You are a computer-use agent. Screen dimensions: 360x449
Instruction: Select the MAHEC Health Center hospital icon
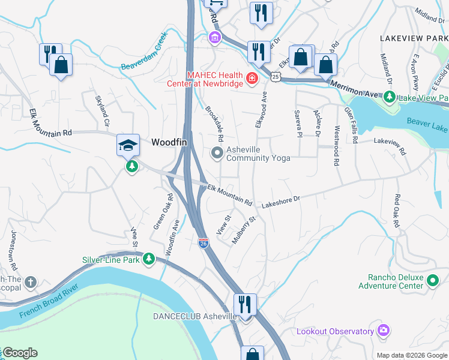click(252, 79)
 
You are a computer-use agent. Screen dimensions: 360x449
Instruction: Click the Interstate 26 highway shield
click(203, 242)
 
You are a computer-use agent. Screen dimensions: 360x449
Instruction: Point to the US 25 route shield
click(275, 76)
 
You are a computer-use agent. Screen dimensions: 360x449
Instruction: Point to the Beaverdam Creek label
click(143, 57)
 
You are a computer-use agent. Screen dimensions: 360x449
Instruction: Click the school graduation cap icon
click(128, 145)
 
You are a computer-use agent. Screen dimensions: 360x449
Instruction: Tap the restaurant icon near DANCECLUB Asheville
click(245, 304)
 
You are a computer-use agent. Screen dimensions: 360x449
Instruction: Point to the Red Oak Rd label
click(396, 211)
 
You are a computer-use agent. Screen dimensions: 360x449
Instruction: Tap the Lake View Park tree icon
click(389, 97)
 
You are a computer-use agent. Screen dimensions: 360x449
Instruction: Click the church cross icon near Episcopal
click(31, 281)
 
